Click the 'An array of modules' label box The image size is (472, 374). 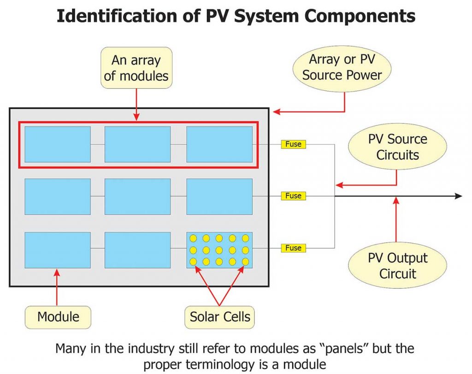point(136,68)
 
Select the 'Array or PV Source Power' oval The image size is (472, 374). point(342,67)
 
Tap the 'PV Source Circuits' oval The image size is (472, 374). point(397,147)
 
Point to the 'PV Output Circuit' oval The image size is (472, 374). point(397,266)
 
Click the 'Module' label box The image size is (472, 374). point(58,317)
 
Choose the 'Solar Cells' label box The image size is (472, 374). point(220,317)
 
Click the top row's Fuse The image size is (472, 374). point(293,144)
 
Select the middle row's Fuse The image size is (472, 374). point(293,196)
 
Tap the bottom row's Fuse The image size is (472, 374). point(293,248)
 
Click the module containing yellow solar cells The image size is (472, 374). point(219,250)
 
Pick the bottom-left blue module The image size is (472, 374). point(58,250)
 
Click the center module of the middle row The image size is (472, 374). point(137,196)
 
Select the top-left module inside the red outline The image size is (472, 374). point(58,144)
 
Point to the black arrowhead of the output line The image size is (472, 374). point(458,196)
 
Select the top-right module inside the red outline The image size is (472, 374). point(219,144)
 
